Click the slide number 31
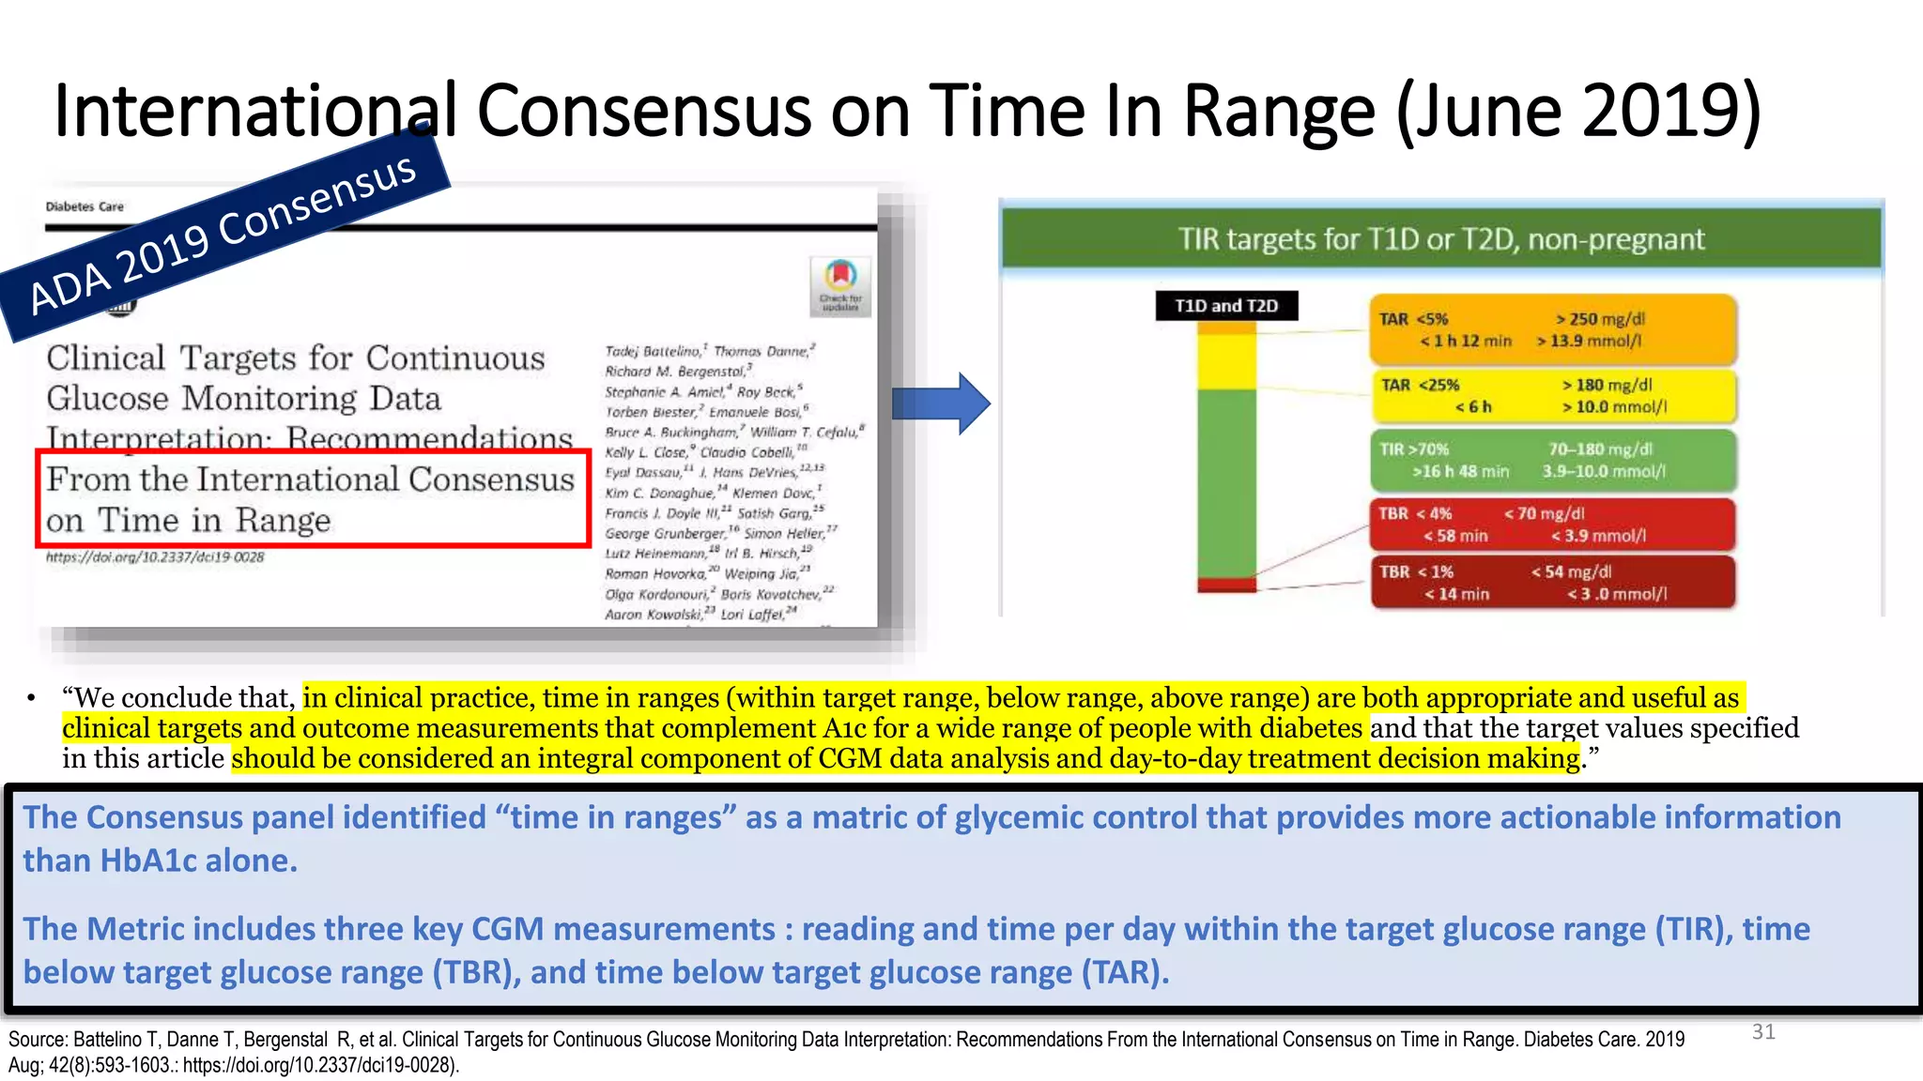click(x=1763, y=1032)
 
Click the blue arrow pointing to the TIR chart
click(x=940, y=403)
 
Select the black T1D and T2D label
click(x=1225, y=306)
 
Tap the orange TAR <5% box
click(x=1552, y=330)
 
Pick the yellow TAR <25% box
click(x=1552, y=396)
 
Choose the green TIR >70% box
click(x=1552, y=461)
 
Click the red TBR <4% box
click(x=1552, y=525)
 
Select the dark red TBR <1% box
click(x=1552, y=583)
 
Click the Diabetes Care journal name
click(x=85, y=206)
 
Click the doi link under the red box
click(x=155, y=557)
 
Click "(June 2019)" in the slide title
click(x=1577, y=111)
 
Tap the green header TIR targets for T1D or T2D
click(x=1441, y=239)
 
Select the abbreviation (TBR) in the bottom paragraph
click(x=476, y=972)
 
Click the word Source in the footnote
click(x=37, y=1040)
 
